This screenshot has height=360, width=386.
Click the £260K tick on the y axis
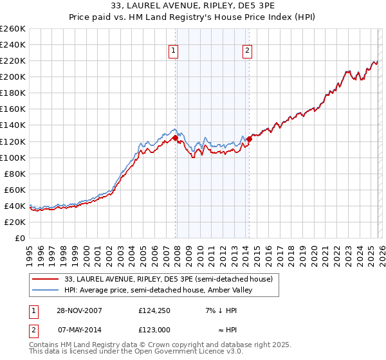13,29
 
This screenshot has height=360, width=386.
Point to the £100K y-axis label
13,157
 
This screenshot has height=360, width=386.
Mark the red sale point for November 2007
176,138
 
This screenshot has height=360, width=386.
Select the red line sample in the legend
45,279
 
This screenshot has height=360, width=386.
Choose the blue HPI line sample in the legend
45,290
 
